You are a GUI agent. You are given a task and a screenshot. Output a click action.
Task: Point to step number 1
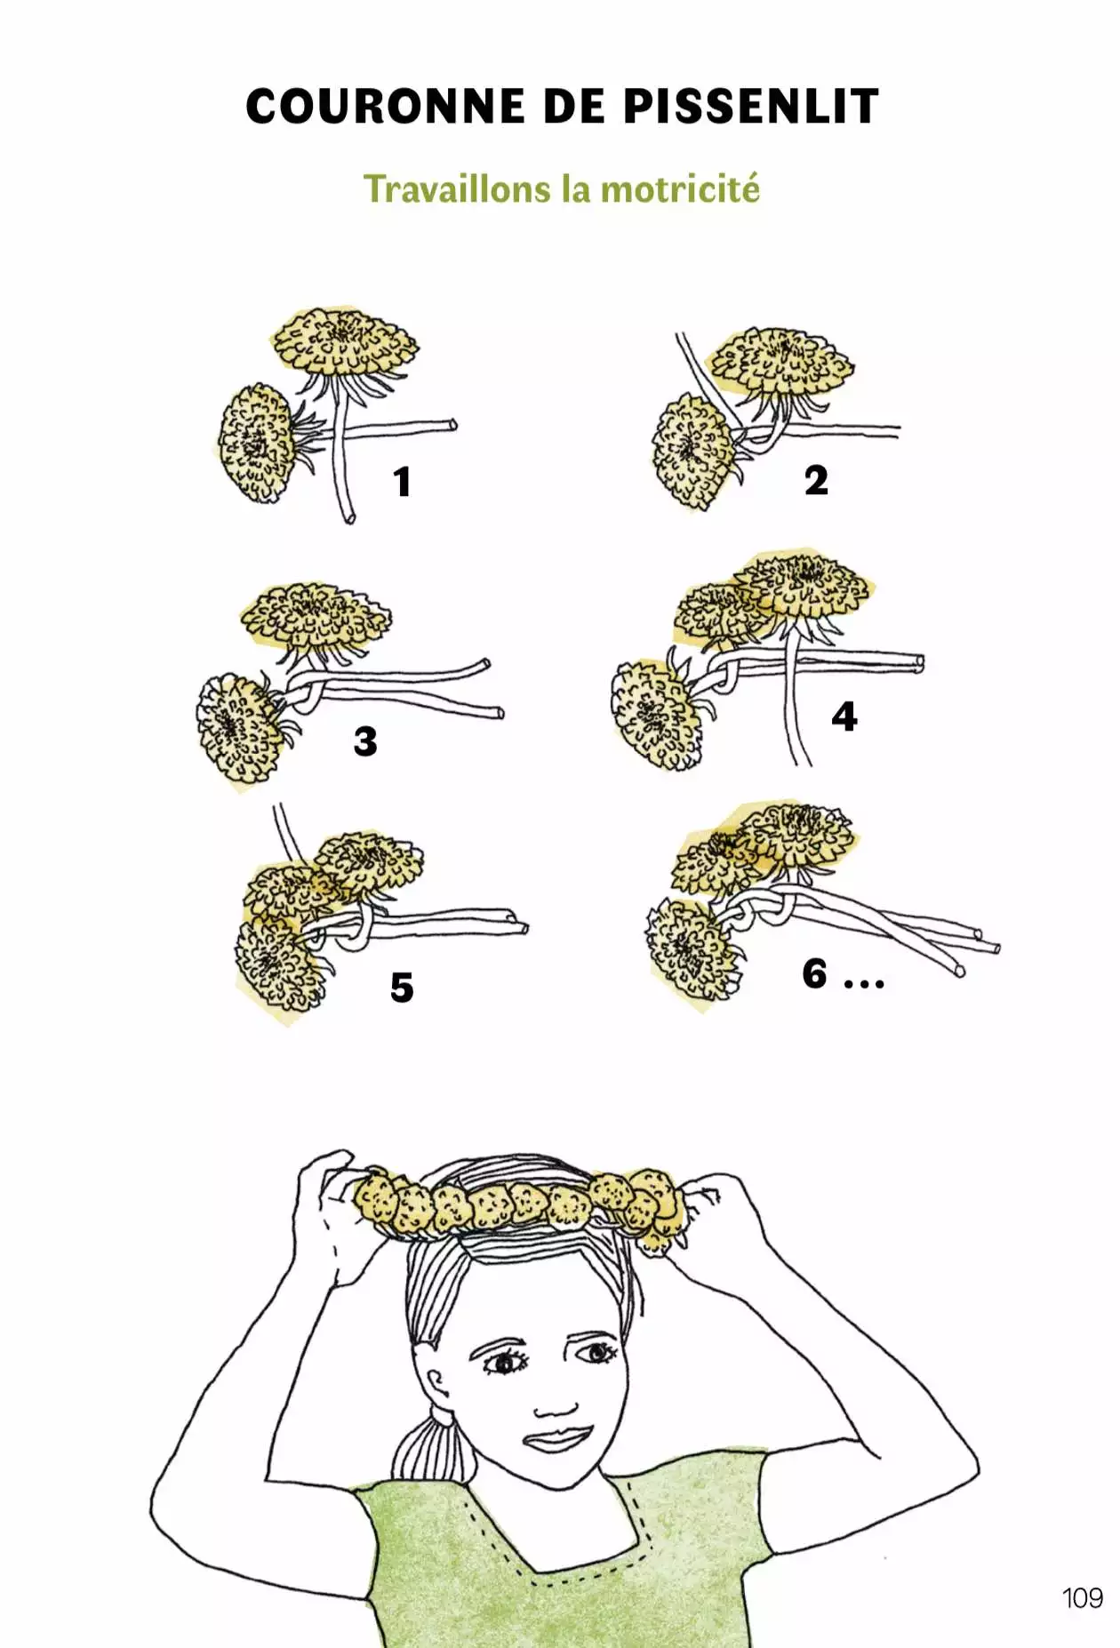[x=403, y=482]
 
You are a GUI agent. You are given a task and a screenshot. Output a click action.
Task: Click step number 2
[x=816, y=481]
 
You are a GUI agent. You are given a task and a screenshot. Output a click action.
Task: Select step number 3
[x=365, y=741]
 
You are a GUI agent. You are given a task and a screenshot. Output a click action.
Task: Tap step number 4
[x=844, y=716]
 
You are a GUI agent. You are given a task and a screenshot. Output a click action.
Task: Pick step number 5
[x=402, y=988]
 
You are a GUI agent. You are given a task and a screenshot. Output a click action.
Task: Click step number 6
[x=814, y=973]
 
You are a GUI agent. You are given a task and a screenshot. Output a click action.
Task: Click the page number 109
[x=1082, y=1597]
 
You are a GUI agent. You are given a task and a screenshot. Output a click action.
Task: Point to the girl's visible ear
[x=437, y=1389]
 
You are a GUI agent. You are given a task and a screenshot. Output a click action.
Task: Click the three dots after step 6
[x=864, y=983]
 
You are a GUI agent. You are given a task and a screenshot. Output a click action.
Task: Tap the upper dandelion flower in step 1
[x=344, y=342]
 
